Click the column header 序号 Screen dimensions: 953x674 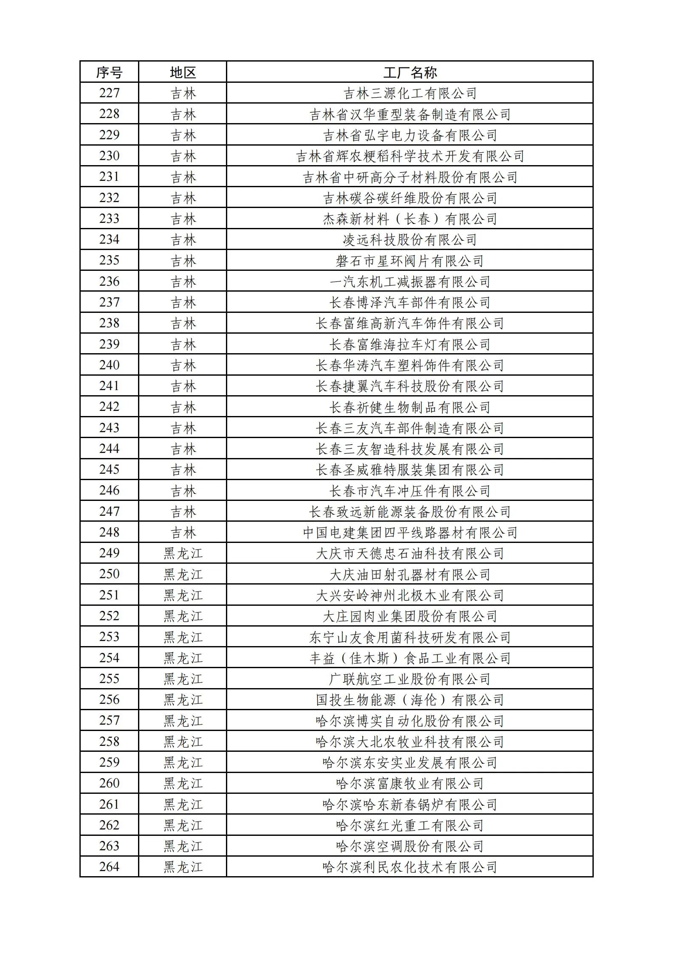tap(109, 72)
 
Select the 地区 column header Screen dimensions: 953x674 tap(183, 72)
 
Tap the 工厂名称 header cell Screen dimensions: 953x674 tap(409, 72)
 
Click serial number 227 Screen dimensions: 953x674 tap(109, 93)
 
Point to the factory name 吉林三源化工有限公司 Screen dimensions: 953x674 tap(409, 93)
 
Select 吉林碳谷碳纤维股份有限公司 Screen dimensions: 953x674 tap(409, 198)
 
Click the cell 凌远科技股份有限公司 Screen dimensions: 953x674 tap(409, 239)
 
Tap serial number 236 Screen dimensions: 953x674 tap(109, 281)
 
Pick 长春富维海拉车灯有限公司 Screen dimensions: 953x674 tap(409, 344)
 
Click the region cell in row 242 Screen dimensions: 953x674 tap(183, 407)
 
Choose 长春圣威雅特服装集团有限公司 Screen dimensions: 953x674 tap(409, 469)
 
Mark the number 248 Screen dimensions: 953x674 tap(109, 532)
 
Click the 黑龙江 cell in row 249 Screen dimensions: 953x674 tap(183, 553)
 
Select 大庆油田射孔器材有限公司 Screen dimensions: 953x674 tap(409, 574)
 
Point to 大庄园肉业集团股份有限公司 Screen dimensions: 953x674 tap(409, 616)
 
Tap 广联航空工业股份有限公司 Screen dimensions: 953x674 tap(409, 679)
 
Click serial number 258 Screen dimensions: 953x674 tap(109, 741)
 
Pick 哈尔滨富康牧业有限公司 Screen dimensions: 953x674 tap(409, 783)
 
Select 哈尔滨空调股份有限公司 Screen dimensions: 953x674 tap(409, 846)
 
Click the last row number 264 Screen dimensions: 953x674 tap(109, 867)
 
